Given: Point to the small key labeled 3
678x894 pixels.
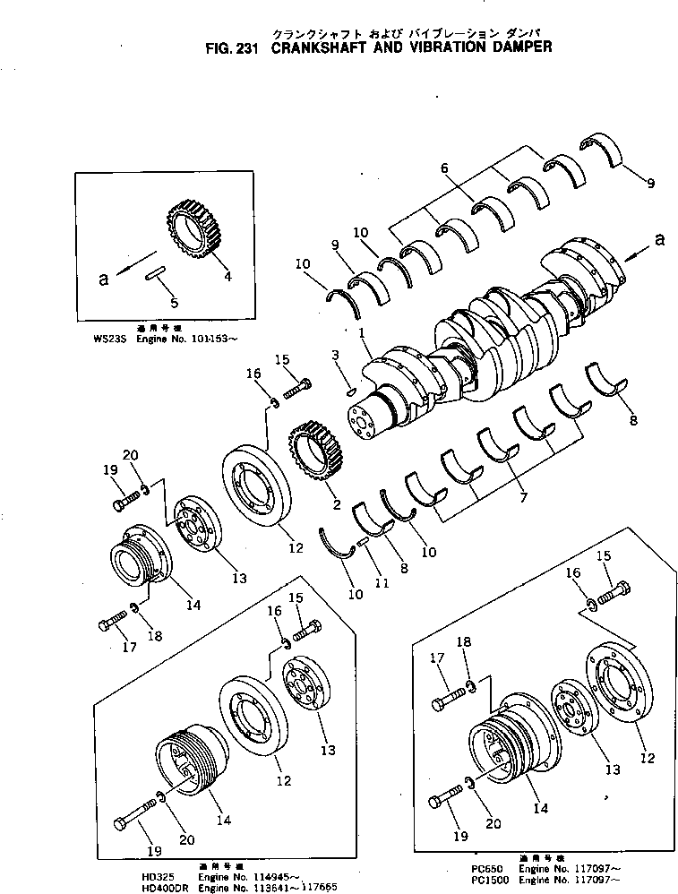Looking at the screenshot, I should [x=350, y=391].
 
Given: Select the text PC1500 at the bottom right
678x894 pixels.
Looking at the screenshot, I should [x=472, y=879].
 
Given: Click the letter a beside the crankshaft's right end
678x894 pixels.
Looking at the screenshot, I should [x=660, y=238].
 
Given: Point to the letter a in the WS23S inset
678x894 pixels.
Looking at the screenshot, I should [x=104, y=278].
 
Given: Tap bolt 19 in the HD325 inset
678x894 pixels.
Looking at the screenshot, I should [x=132, y=817].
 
